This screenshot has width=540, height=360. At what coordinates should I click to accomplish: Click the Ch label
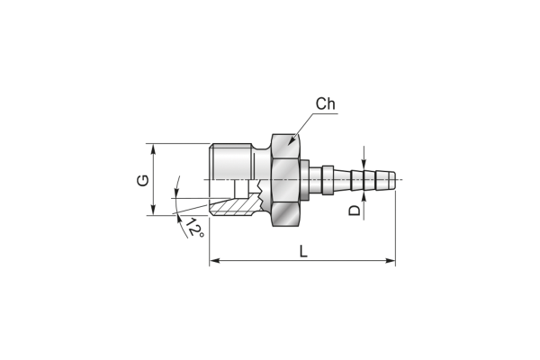click(326, 103)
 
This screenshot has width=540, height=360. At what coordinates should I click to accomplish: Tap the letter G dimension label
click(143, 180)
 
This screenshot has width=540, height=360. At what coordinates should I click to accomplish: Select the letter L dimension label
click(303, 251)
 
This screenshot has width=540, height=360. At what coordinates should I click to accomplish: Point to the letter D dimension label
click(354, 210)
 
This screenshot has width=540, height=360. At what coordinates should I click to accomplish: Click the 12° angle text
click(195, 228)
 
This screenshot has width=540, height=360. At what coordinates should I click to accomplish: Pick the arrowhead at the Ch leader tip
click(292, 141)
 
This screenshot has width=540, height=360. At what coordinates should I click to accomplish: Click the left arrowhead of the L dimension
click(214, 260)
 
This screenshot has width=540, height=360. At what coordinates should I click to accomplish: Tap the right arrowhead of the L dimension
click(391, 260)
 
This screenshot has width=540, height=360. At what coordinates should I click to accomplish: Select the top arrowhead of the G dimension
click(153, 148)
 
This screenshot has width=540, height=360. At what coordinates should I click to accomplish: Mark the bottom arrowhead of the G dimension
click(153, 210)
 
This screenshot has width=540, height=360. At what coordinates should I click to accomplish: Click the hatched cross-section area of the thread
click(235, 206)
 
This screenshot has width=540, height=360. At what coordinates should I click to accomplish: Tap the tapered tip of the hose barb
click(391, 179)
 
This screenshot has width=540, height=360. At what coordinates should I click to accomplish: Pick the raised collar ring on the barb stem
click(328, 179)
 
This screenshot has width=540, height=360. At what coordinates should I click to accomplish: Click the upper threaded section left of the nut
click(231, 161)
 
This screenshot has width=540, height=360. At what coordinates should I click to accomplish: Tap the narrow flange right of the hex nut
click(305, 179)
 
